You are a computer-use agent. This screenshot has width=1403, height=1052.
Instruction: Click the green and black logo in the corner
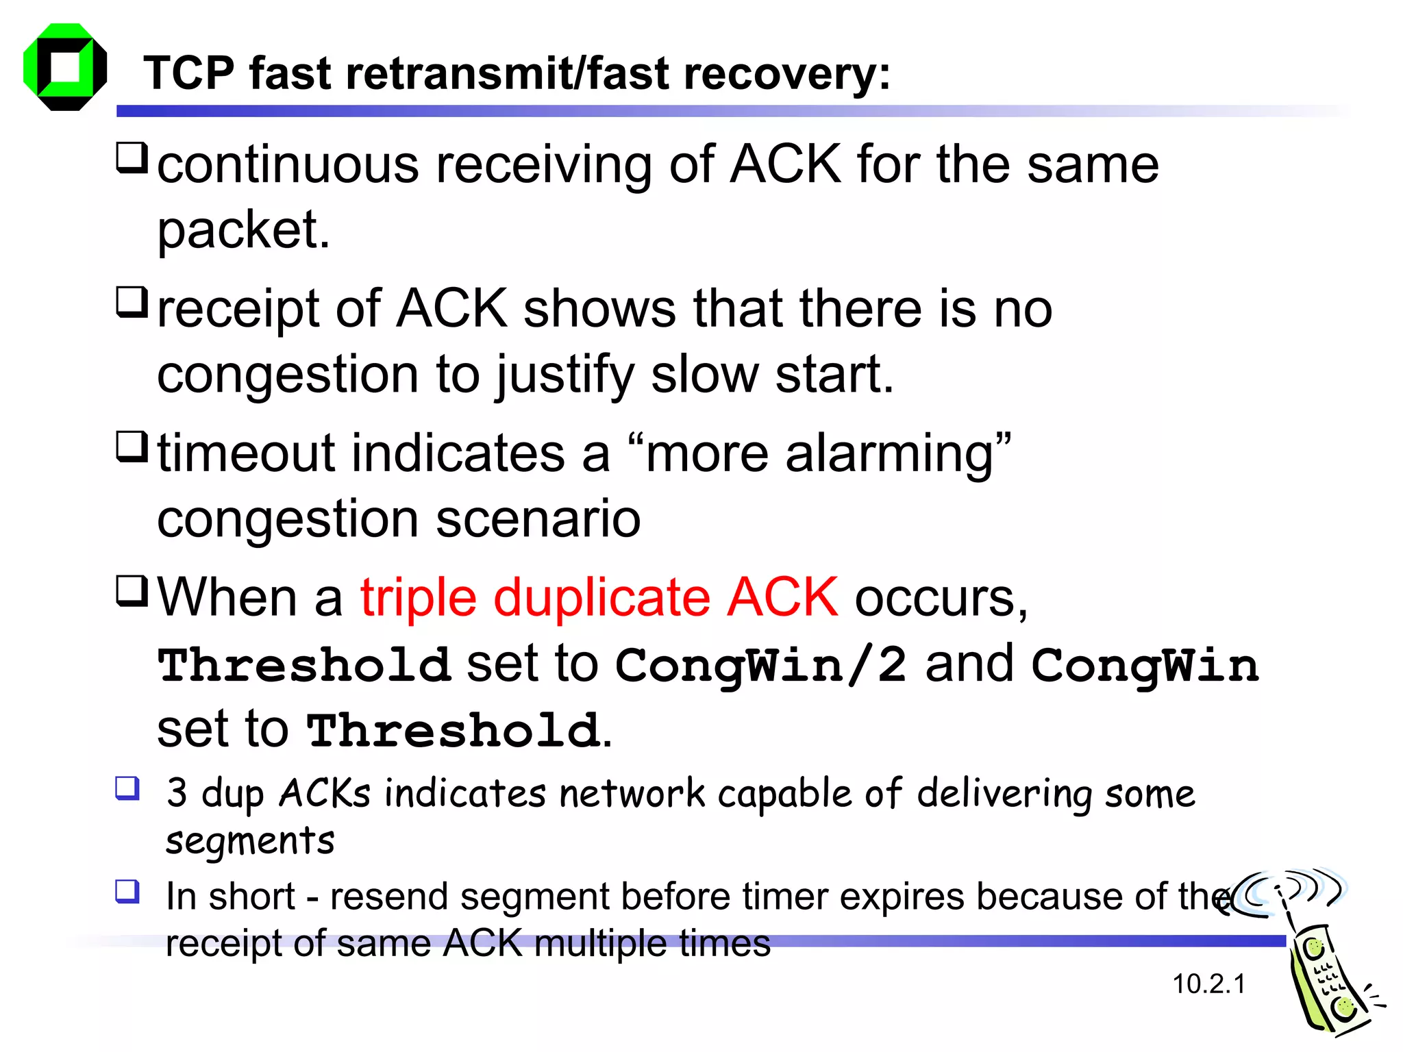(x=65, y=67)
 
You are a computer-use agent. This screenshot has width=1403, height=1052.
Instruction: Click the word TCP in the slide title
(x=188, y=73)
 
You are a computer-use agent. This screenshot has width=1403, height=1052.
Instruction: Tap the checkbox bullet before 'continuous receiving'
(x=132, y=157)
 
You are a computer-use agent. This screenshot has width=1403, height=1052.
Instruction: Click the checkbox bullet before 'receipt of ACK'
(x=132, y=301)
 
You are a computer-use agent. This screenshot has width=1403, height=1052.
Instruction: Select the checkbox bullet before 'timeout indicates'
(x=132, y=446)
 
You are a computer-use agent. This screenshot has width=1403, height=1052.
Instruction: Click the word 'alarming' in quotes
(x=889, y=454)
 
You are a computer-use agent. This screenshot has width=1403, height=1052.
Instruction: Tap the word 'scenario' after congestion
(x=538, y=518)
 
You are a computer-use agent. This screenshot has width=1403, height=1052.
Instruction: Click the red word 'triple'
(x=418, y=597)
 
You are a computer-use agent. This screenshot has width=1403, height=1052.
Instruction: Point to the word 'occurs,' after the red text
(x=941, y=599)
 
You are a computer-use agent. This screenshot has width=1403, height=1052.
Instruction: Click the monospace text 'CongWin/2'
(x=760, y=665)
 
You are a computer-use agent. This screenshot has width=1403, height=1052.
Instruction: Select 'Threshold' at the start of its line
(x=303, y=665)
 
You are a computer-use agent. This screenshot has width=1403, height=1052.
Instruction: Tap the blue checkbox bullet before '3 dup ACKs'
(x=127, y=788)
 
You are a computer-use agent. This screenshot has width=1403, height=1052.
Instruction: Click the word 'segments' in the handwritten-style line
(x=250, y=840)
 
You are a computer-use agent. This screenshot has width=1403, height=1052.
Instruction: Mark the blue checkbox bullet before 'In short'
(x=127, y=892)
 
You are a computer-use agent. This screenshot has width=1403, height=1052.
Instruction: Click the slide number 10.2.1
(x=1208, y=984)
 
